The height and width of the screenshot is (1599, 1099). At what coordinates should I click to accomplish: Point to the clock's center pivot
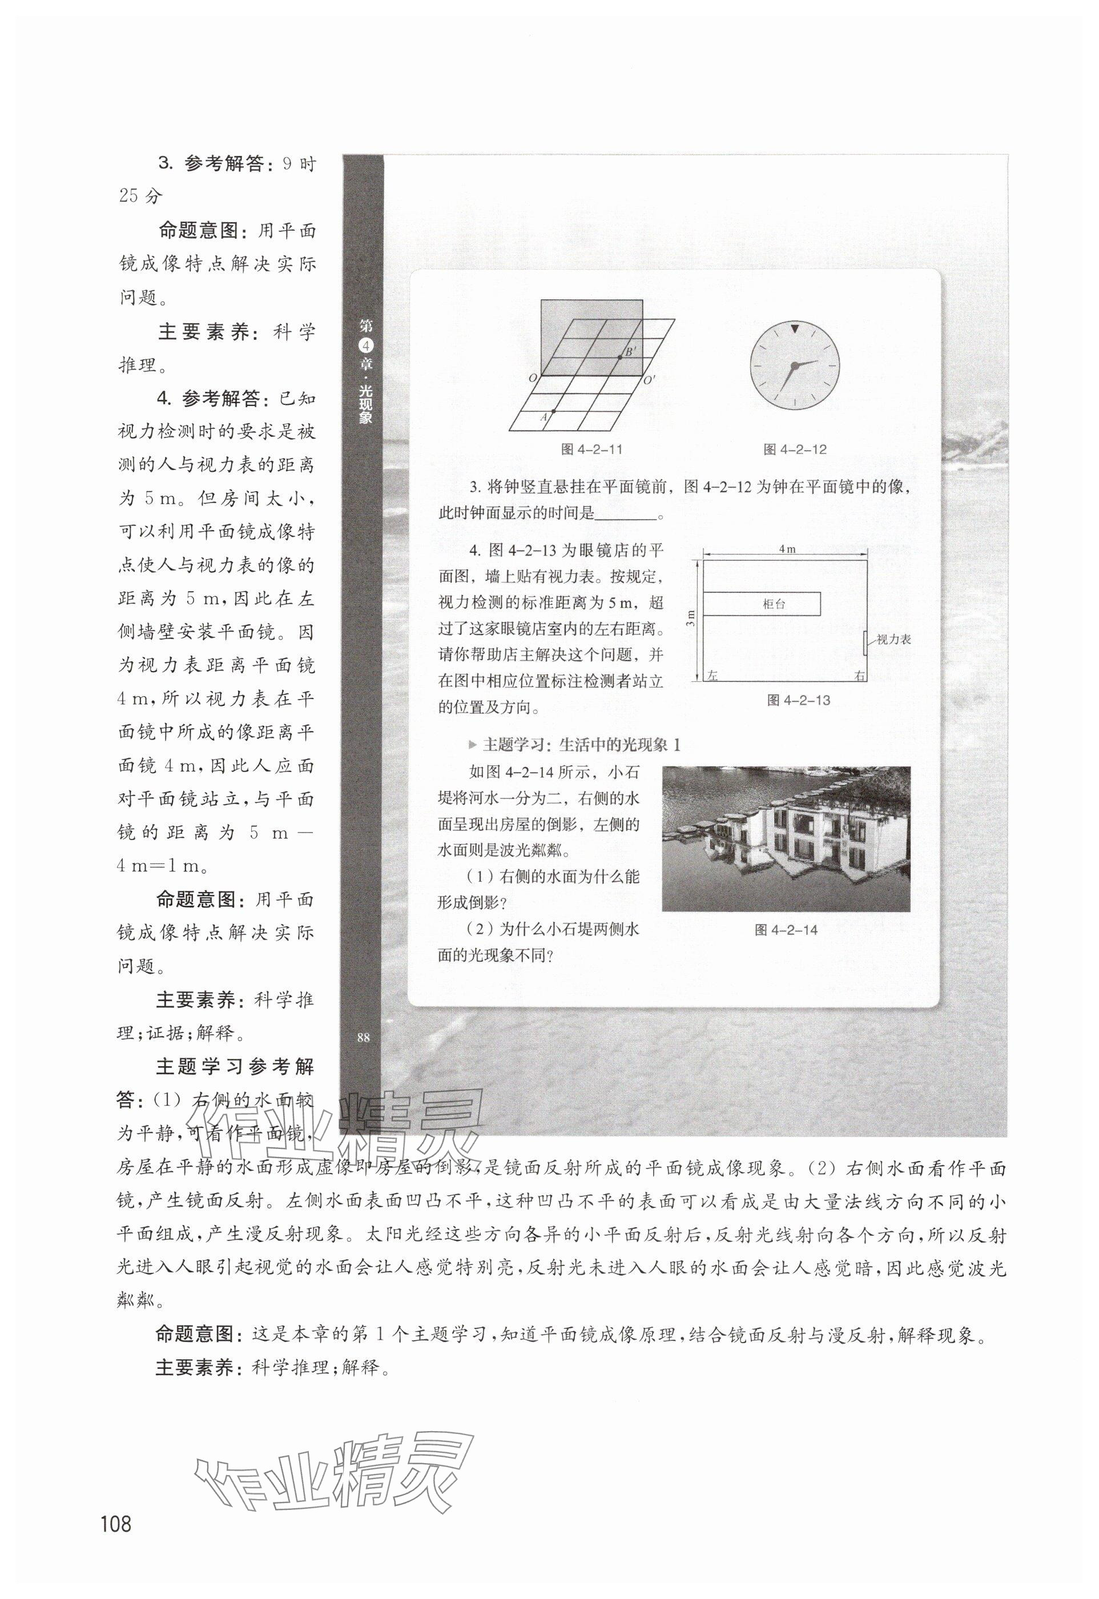coord(795,364)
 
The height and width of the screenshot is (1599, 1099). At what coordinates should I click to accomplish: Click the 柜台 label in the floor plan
coord(774,604)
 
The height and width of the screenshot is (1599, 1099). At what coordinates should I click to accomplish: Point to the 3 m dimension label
coord(691,618)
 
